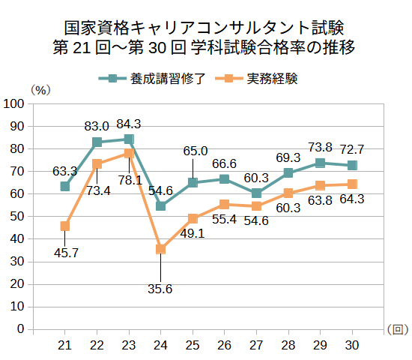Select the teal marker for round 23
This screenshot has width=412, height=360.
pyautogui.click(x=129, y=139)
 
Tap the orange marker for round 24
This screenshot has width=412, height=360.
pyautogui.click(x=160, y=249)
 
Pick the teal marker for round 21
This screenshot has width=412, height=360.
pyautogui.click(x=65, y=187)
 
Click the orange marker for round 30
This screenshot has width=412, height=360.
pyautogui.click(x=352, y=184)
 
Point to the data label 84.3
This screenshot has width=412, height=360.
pyautogui.click(x=129, y=124)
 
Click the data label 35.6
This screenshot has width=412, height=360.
pyautogui.click(x=160, y=289)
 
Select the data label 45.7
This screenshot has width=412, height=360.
pyautogui.click(x=66, y=253)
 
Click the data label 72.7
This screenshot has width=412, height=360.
pyautogui.click(x=352, y=148)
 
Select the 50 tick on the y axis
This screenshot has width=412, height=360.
pyautogui.click(x=17, y=217)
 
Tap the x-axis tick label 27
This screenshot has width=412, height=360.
pyautogui.click(x=256, y=344)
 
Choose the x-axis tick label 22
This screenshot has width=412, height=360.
pyautogui.click(x=97, y=344)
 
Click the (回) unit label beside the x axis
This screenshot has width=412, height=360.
pyautogui.click(x=398, y=329)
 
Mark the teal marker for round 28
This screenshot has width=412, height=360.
pyautogui.click(x=288, y=173)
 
